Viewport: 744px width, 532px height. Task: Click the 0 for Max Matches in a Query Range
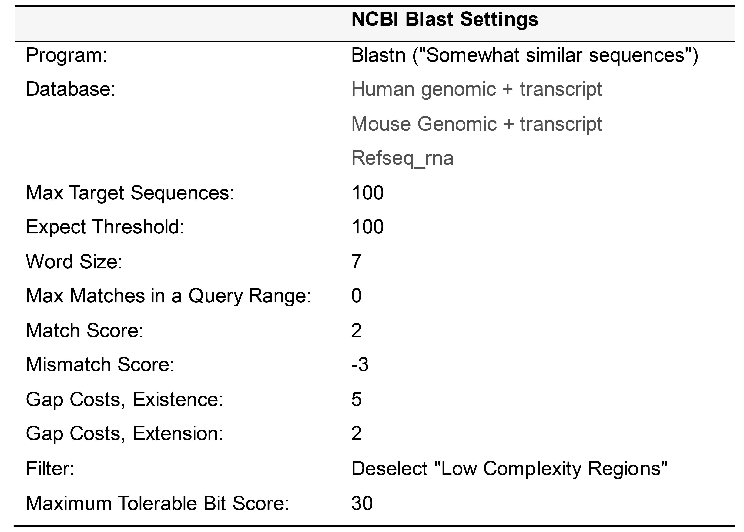tap(357, 296)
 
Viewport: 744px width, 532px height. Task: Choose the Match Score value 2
tap(357, 330)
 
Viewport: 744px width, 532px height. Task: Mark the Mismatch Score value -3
tap(360, 365)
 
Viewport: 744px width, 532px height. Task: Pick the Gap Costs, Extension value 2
tap(357, 434)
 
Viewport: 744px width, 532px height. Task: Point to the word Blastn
tap(378, 55)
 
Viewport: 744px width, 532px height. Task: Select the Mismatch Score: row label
tap(100, 365)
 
